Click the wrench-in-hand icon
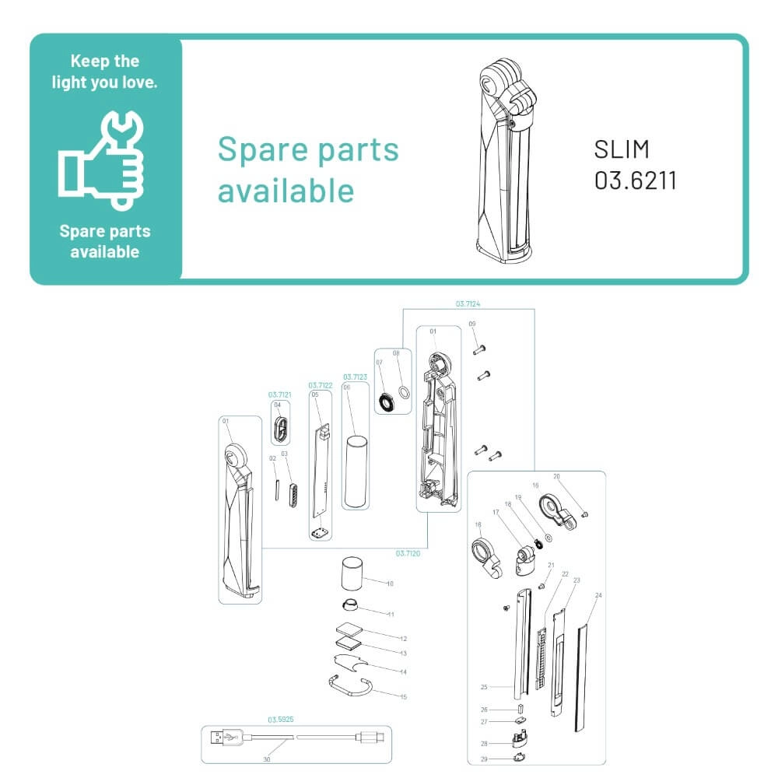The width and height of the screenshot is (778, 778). click(103, 159)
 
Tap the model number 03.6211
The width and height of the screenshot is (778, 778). click(635, 180)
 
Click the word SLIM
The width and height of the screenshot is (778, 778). click(622, 149)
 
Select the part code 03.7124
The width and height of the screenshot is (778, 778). click(468, 303)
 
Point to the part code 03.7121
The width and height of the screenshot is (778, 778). click(280, 394)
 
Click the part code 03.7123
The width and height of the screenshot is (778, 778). click(355, 377)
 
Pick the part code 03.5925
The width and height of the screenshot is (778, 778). click(280, 720)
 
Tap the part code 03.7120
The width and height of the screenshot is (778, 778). click(408, 553)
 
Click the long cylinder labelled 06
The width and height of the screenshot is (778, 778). click(356, 471)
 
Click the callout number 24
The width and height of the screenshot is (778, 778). click(598, 595)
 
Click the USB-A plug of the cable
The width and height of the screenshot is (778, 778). click(226, 736)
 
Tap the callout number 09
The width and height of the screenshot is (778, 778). click(471, 324)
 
